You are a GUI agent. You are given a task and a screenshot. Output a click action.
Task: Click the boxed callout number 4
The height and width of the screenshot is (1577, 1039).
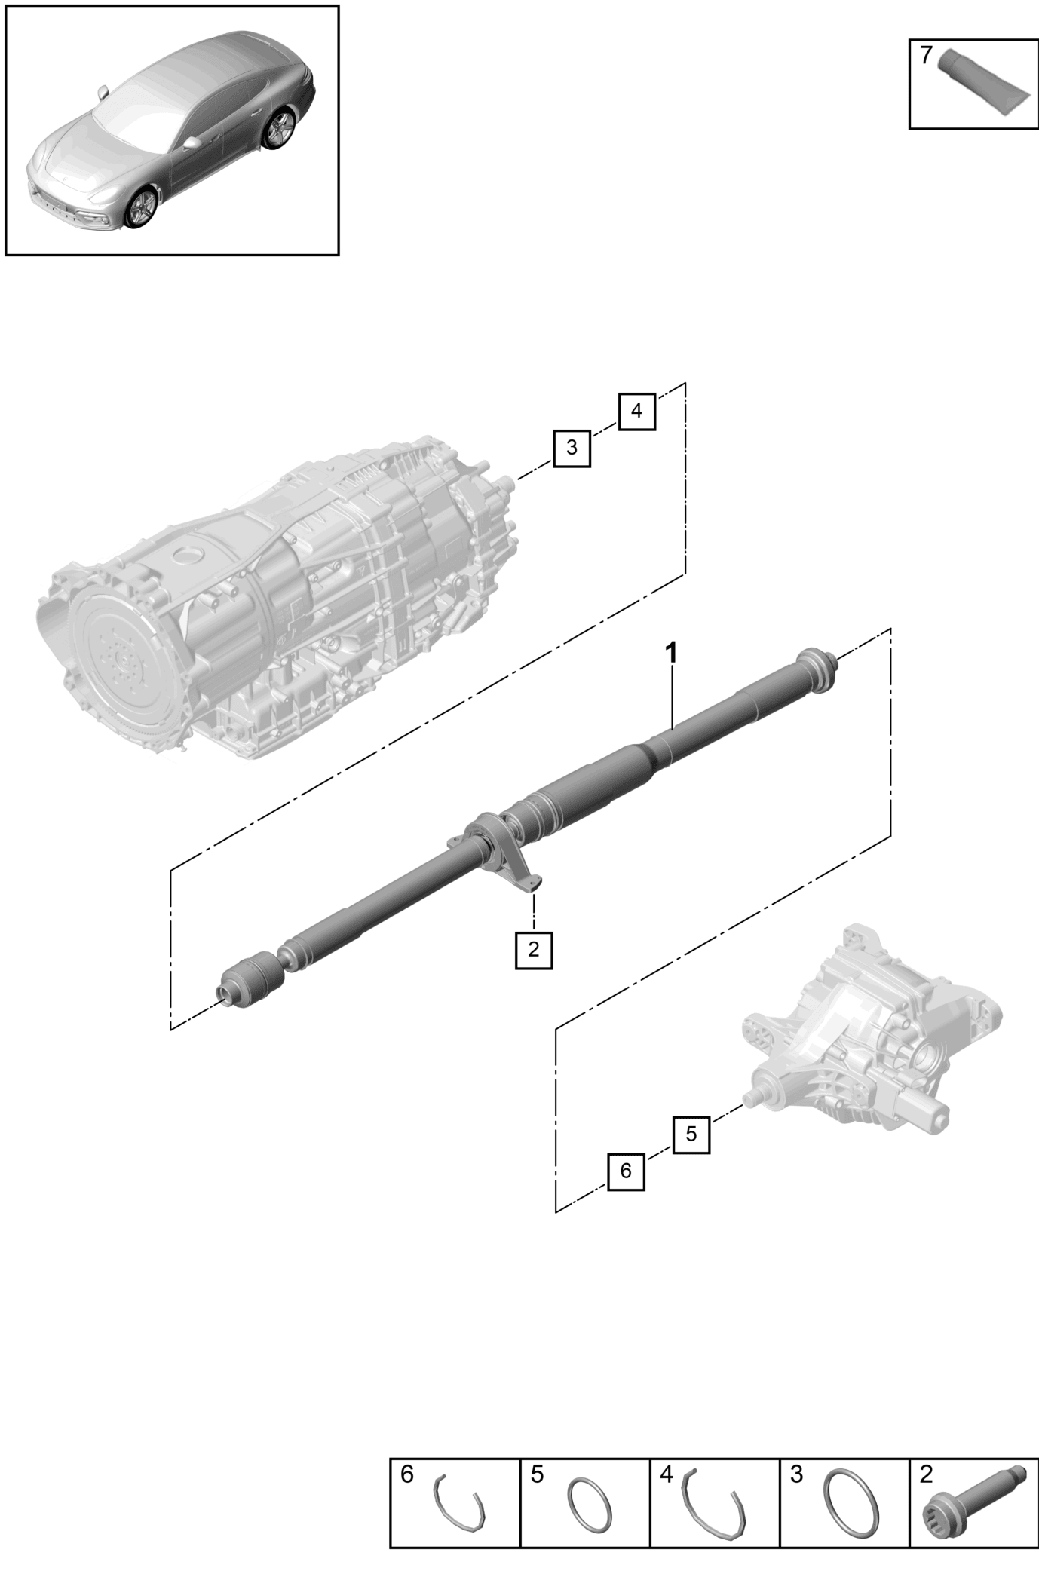[636, 412]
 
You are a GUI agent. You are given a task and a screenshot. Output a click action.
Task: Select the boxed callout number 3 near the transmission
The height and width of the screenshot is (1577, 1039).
[572, 448]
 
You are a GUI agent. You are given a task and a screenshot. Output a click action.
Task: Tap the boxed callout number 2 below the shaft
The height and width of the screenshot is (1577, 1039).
[534, 950]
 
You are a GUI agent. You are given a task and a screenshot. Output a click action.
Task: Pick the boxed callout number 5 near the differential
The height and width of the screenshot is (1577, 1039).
[691, 1134]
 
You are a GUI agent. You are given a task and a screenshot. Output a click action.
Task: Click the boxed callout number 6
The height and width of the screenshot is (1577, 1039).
[626, 1171]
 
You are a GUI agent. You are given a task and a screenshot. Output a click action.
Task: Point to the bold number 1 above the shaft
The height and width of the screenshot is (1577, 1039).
[670, 653]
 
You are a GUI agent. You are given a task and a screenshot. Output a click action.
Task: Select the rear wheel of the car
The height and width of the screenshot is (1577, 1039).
[280, 129]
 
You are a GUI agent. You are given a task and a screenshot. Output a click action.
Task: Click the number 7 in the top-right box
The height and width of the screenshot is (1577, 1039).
[926, 55]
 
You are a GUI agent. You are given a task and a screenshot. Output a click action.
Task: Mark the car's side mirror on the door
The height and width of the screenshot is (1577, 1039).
[192, 142]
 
